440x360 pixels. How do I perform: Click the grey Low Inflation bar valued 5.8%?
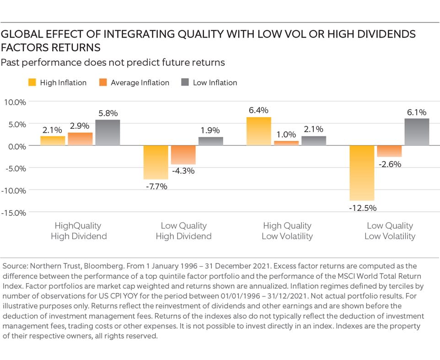[x=107, y=133]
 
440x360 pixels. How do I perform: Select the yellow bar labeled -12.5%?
[x=362, y=173]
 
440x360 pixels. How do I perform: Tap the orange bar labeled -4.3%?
[x=183, y=155]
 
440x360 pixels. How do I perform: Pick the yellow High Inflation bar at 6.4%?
[x=259, y=132]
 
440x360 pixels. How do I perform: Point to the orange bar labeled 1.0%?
[x=286, y=143]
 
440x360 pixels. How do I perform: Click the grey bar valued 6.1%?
[x=417, y=132]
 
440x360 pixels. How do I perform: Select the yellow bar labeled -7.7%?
[x=156, y=162]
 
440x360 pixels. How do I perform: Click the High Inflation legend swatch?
[x=32, y=83]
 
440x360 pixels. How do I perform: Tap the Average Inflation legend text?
[x=140, y=83]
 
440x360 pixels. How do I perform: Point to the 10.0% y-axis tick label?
[x=15, y=102]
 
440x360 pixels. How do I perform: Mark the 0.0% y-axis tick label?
[x=16, y=146]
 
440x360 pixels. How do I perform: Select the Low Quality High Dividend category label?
[x=183, y=231]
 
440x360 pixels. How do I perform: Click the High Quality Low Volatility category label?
[x=287, y=231]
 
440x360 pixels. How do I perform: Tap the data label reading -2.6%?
[x=390, y=164]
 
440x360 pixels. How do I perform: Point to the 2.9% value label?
[x=80, y=125]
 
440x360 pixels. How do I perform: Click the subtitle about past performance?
[x=113, y=62]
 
